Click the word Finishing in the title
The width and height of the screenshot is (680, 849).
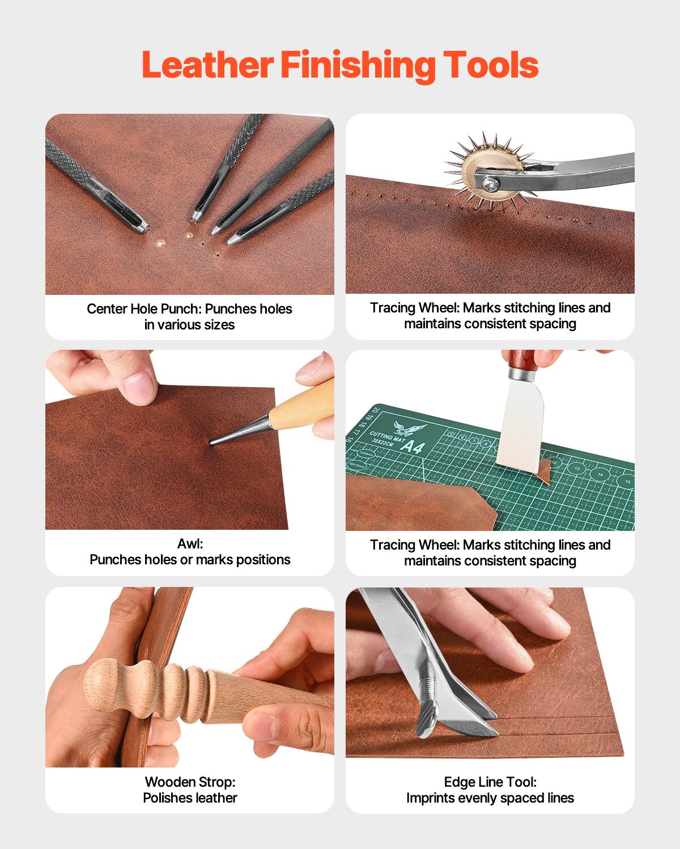point(358,66)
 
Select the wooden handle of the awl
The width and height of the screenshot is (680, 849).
point(303,403)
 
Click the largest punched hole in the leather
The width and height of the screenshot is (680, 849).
point(160,242)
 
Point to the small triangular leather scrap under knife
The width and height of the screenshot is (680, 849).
point(543,473)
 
